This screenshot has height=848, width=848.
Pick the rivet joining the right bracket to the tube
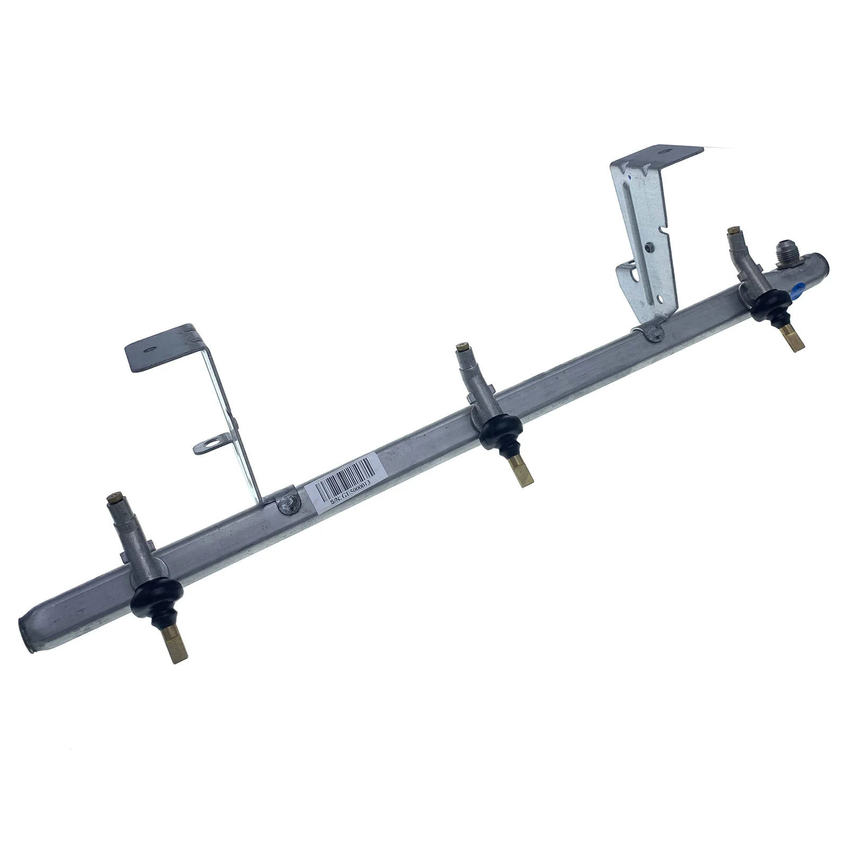[652, 333]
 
